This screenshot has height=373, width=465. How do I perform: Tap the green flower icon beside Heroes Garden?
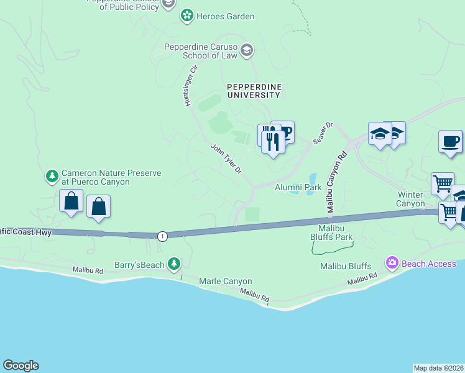pyautogui.click(x=186, y=16)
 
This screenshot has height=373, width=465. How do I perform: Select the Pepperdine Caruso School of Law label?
pyautogui.click(x=201, y=51)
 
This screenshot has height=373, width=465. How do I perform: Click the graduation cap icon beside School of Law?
pyautogui.click(x=247, y=50)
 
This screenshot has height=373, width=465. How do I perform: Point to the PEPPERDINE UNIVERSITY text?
pyautogui.click(x=254, y=91)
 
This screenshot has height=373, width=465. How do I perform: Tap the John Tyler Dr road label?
pyautogui.click(x=226, y=159)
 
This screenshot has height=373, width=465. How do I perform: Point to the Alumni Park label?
pyautogui.click(x=298, y=186)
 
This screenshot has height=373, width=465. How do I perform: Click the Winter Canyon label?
pyautogui.click(x=411, y=199)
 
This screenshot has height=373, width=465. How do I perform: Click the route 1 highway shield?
pyautogui.click(x=162, y=236)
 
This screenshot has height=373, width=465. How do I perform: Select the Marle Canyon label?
pyautogui.click(x=225, y=282)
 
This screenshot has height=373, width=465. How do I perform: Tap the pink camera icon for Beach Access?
pyautogui.click(x=392, y=264)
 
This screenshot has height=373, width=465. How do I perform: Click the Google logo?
pyautogui.click(x=21, y=366)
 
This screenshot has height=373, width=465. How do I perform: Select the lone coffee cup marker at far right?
pyautogui.click(x=449, y=142)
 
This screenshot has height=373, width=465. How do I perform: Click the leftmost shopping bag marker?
pyautogui.click(x=71, y=201)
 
